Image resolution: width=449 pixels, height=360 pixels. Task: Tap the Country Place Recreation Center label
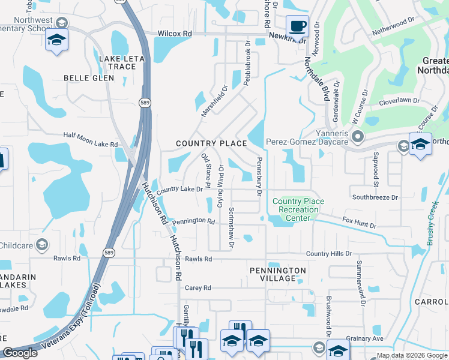pyautogui.click(x=298, y=209)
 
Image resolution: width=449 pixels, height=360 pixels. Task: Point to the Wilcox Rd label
pyautogui.click(x=175, y=34)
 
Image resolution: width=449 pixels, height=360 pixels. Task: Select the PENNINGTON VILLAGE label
pyautogui.click(x=278, y=274)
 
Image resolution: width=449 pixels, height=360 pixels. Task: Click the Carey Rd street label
pyautogui.click(x=198, y=288)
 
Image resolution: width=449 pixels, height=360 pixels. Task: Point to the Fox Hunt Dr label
pyautogui.click(x=359, y=223)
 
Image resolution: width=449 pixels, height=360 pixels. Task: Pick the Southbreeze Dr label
pyautogui.click(x=375, y=197)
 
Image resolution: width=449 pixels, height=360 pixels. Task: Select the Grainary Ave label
pyautogui.click(x=366, y=339)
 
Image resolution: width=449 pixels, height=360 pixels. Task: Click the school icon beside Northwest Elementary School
pyautogui.click(x=57, y=40)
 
